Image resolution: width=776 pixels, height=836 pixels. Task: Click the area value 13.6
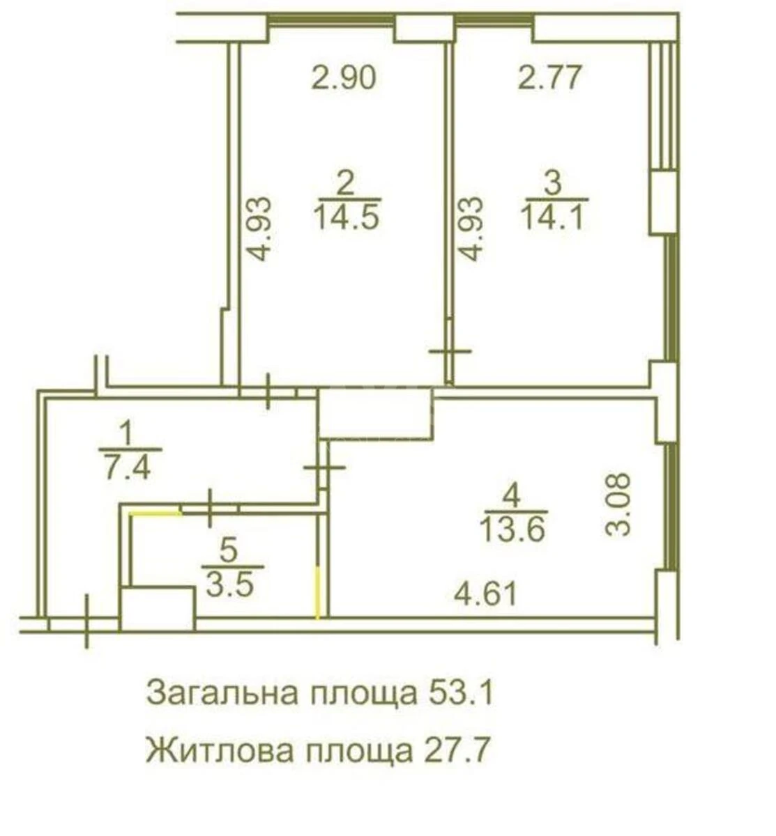(512, 531)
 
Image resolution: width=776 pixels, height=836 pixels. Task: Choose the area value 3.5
(229, 584)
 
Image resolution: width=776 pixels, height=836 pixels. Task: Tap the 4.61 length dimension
(486, 595)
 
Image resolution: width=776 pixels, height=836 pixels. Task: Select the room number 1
(125, 435)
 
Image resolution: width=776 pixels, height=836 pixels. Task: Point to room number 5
(228, 551)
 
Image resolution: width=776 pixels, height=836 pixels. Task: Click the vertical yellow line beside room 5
(319, 592)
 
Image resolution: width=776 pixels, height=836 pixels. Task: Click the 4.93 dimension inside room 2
(259, 229)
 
